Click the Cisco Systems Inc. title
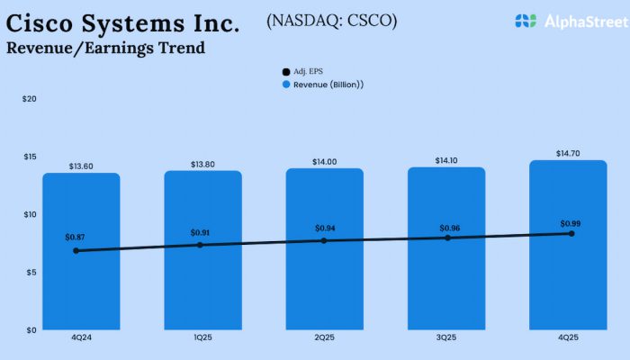(122, 22)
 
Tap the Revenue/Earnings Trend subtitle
(105, 48)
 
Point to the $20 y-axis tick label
(30, 99)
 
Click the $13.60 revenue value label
(81, 166)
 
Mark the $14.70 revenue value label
(569, 154)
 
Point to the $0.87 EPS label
(75, 237)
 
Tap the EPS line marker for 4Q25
(571, 233)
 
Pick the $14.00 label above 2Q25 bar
(325, 161)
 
